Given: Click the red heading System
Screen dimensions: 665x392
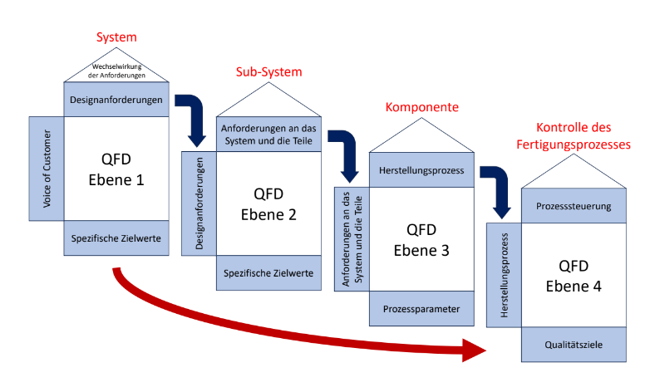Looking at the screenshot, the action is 116,37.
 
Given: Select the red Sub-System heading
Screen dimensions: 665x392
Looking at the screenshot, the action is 268,72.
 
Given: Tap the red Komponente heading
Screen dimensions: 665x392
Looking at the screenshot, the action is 422,107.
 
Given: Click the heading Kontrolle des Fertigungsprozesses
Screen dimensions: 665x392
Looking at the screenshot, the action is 574,136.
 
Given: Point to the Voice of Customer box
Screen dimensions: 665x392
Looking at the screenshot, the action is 47,169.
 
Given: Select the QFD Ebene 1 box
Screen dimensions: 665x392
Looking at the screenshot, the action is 116,169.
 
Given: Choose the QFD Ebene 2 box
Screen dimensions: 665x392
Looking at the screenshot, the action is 268,203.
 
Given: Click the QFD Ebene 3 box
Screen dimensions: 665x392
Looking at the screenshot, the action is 421,239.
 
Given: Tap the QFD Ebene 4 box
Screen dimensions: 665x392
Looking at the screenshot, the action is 574,275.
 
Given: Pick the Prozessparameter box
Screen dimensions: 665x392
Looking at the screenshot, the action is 421,308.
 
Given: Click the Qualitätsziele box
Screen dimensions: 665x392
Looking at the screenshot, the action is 574,345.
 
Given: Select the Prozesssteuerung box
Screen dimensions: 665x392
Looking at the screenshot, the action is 574,206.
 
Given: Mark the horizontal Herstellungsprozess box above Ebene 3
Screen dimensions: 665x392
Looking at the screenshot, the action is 421,170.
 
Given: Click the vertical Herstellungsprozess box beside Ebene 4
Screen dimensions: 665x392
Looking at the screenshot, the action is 504,275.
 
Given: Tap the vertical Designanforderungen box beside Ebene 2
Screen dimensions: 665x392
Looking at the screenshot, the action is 199,203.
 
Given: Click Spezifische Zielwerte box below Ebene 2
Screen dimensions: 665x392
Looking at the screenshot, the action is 268,273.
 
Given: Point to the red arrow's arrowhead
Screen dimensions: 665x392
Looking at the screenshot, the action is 474,350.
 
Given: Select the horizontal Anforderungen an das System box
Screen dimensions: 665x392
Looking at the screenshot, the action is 268,135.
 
